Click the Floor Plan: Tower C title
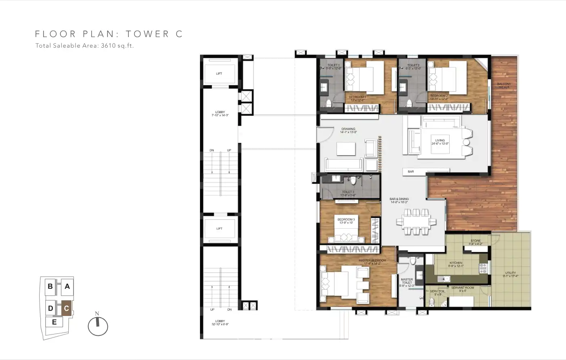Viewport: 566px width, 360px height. pos(109,34)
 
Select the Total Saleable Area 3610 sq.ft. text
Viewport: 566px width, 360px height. pos(84,46)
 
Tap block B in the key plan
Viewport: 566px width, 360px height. pos(50,286)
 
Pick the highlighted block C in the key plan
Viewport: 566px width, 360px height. pos(66,309)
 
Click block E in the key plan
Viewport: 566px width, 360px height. pos(54,322)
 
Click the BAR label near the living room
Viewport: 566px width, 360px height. pos(410,172)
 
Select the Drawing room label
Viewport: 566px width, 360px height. pos(348,131)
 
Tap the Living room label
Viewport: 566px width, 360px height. pos(440,142)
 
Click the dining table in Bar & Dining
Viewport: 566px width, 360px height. pos(416,222)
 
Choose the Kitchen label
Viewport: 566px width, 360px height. pos(456,264)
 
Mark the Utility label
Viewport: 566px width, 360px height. pos(510,274)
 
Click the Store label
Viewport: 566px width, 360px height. pos(476,242)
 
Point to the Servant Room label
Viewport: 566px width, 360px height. pos(463,289)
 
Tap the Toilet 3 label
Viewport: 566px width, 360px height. pos(348,194)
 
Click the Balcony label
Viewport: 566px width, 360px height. pos(504,85)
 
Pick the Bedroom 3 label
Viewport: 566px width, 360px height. pos(346,221)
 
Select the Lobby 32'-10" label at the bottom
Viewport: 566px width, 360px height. pos(220,322)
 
